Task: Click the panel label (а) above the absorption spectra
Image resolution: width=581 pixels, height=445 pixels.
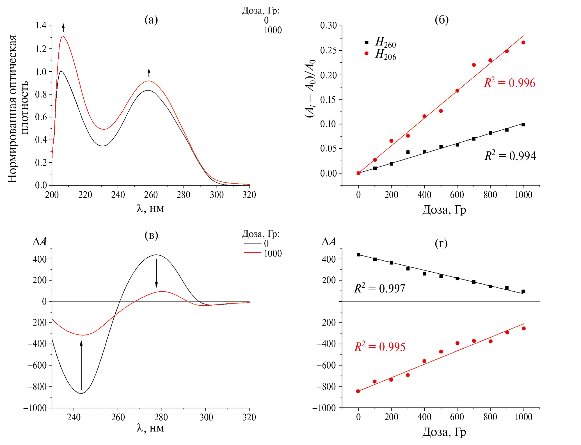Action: click(151, 20)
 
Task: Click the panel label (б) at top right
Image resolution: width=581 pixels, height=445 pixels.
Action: click(442, 20)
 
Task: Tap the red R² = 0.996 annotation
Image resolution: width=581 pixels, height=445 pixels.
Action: click(509, 83)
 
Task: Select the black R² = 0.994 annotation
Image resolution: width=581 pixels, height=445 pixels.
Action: click(510, 156)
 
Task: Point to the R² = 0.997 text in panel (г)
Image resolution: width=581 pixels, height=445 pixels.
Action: click(379, 289)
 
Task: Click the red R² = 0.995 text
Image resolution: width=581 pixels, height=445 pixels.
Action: click(380, 347)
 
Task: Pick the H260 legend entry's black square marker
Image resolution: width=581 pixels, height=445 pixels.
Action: click(366, 42)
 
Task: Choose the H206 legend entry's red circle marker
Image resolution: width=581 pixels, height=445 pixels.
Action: click(366, 53)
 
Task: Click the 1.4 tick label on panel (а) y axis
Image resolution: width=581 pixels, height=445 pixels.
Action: click(41, 26)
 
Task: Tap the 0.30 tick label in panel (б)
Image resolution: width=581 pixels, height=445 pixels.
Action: click(328, 26)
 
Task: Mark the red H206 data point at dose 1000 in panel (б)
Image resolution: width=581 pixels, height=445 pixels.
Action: click(523, 42)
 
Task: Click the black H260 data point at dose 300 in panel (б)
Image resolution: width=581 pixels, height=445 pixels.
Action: click(408, 152)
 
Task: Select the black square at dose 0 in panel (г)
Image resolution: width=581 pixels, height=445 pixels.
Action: click(358, 255)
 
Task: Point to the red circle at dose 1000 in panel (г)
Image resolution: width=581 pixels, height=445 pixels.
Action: click(523, 328)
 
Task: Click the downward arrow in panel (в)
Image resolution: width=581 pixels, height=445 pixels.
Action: click(156, 273)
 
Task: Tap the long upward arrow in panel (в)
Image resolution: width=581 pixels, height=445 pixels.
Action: click(81, 365)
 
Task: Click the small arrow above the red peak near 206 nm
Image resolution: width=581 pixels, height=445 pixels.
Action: click(63, 28)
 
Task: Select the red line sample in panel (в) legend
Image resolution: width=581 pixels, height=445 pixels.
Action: click(253, 253)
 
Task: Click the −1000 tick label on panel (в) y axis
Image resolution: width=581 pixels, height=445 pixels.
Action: click(35, 408)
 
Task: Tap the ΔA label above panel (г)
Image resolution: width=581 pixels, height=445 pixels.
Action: click(328, 242)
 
